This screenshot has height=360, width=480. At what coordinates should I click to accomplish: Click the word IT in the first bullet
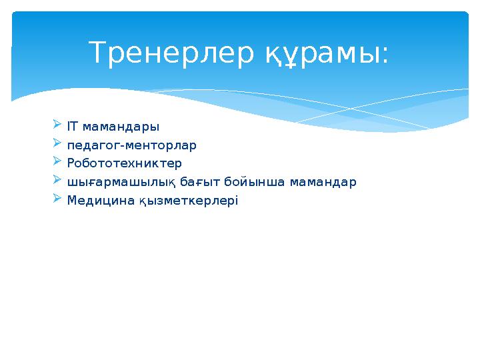point(73,126)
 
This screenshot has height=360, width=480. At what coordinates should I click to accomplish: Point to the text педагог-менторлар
point(132,145)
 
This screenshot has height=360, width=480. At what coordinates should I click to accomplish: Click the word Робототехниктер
point(125,163)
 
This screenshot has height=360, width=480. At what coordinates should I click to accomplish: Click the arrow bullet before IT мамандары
point(57,125)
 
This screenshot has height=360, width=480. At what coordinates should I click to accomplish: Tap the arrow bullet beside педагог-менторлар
point(57,143)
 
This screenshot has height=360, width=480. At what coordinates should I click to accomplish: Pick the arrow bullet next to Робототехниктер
point(57,162)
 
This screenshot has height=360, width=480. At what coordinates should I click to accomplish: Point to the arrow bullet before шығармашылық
point(57,180)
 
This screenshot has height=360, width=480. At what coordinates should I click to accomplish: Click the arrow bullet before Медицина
point(57,199)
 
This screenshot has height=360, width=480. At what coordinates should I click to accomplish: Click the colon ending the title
point(385,57)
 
